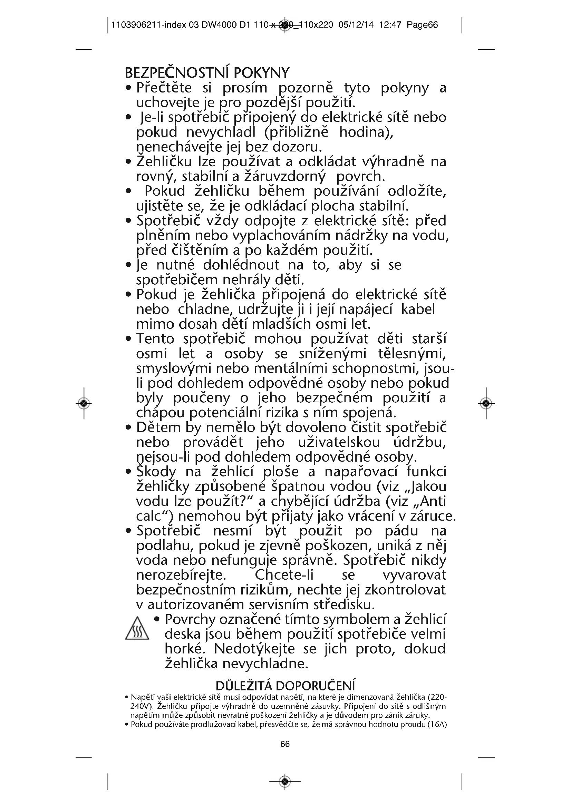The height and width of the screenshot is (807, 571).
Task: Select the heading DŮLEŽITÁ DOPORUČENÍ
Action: click(285, 686)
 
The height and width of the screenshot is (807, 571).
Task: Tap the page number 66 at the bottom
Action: click(285, 744)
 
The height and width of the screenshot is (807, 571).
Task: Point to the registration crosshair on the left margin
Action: click(84, 403)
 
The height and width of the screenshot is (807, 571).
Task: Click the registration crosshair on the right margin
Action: click(486, 403)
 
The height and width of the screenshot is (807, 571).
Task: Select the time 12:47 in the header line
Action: click(390, 25)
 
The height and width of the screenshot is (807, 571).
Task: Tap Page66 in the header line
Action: click(422, 25)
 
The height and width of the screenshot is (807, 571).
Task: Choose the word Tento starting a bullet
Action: click(155, 339)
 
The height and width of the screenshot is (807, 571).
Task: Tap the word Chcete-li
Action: click(284, 575)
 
